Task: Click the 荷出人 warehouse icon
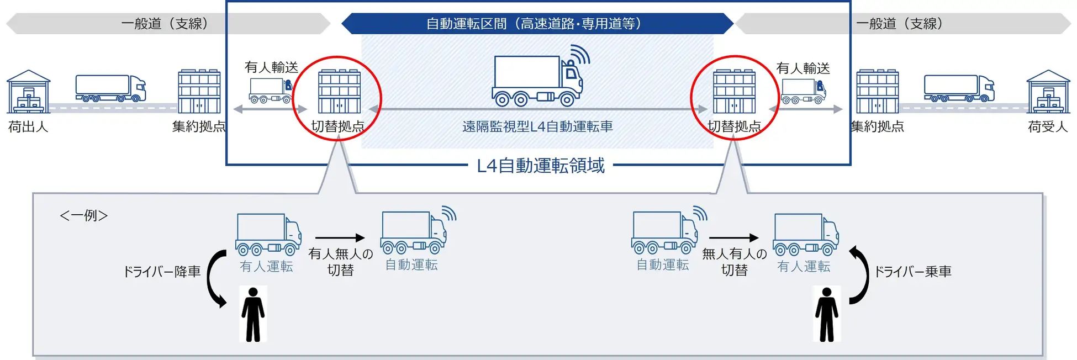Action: click(28, 92)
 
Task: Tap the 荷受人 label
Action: click(1048, 127)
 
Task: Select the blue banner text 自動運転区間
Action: click(466, 24)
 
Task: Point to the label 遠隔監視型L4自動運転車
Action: click(537, 126)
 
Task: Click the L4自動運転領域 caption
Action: click(541, 165)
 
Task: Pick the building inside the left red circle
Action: click(340, 92)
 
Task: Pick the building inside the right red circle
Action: click(734, 92)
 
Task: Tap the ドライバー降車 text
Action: click(161, 272)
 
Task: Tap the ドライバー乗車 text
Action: click(912, 272)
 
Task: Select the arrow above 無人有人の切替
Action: click(734, 238)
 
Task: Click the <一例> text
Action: click(83, 215)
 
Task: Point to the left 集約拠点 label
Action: click(199, 126)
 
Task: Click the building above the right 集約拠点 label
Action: click(878, 92)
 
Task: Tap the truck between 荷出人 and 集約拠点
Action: click(110, 88)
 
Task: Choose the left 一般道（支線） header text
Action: click(165, 24)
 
